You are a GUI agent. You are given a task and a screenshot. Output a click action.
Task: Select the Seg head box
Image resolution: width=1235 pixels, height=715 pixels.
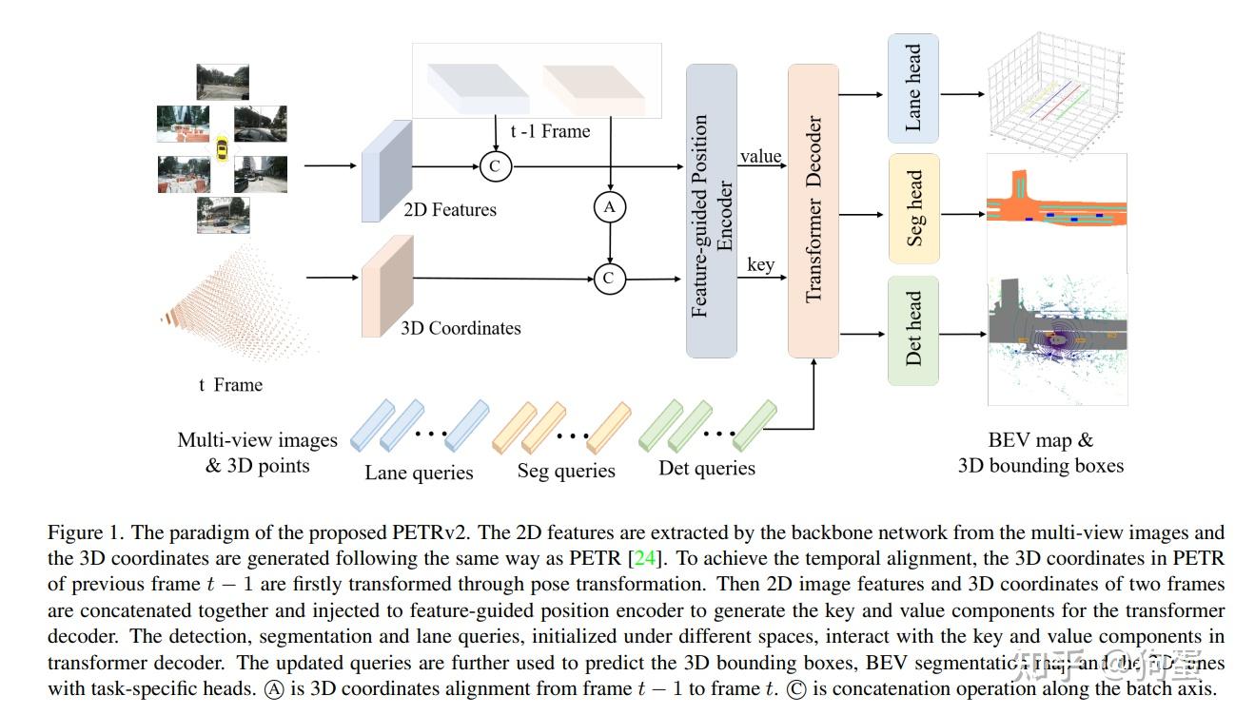click(913, 208)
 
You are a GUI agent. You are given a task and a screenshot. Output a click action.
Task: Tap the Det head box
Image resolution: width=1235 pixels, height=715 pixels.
click(913, 330)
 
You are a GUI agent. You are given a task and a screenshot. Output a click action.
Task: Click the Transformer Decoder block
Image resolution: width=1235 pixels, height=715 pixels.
click(814, 210)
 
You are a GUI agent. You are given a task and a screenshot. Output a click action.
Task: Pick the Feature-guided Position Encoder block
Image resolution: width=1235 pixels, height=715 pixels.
click(712, 210)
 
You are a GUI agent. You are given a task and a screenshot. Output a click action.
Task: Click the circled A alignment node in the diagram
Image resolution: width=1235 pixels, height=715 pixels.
click(609, 206)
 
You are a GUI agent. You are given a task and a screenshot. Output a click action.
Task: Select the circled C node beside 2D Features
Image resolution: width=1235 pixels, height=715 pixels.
click(496, 166)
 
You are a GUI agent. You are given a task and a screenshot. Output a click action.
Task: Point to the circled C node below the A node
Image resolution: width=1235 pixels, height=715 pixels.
click(609, 279)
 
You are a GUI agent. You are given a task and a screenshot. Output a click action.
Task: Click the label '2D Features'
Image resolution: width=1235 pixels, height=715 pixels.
click(450, 209)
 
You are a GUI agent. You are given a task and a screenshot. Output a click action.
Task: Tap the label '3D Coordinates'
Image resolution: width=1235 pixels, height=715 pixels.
click(461, 328)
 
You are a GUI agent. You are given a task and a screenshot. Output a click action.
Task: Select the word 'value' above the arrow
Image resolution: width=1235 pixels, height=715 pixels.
click(760, 156)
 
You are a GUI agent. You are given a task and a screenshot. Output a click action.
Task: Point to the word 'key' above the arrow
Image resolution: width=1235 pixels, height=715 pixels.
click(760, 264)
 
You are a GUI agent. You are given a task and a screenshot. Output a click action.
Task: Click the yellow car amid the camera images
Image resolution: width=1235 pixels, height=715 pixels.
click(222, 148)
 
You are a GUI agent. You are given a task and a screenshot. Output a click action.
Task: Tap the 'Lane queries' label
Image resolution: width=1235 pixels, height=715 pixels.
click(419, 473)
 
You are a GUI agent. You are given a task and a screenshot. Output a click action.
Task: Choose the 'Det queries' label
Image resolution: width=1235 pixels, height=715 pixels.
click(706, 468)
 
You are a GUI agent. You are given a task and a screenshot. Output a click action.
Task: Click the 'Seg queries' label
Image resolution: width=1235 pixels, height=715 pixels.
click(566, 471)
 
